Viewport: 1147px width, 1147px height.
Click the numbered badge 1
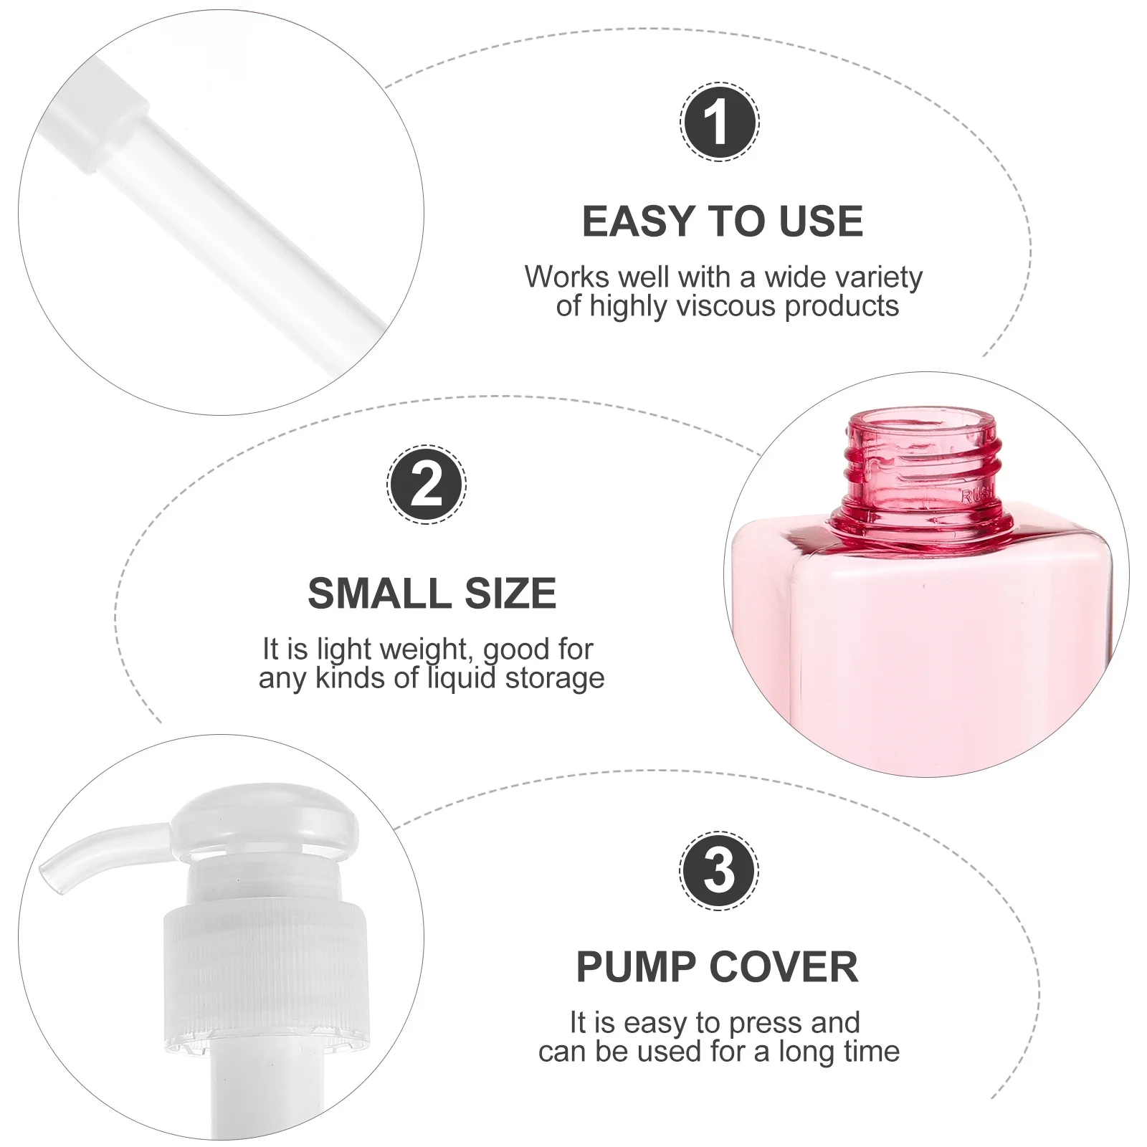pos(719,122)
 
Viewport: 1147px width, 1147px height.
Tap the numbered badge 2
pos(427,485)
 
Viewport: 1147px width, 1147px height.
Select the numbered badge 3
pos(719,871)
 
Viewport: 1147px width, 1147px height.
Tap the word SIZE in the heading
pos(510,594)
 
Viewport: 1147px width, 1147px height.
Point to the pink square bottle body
pos(925,645)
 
